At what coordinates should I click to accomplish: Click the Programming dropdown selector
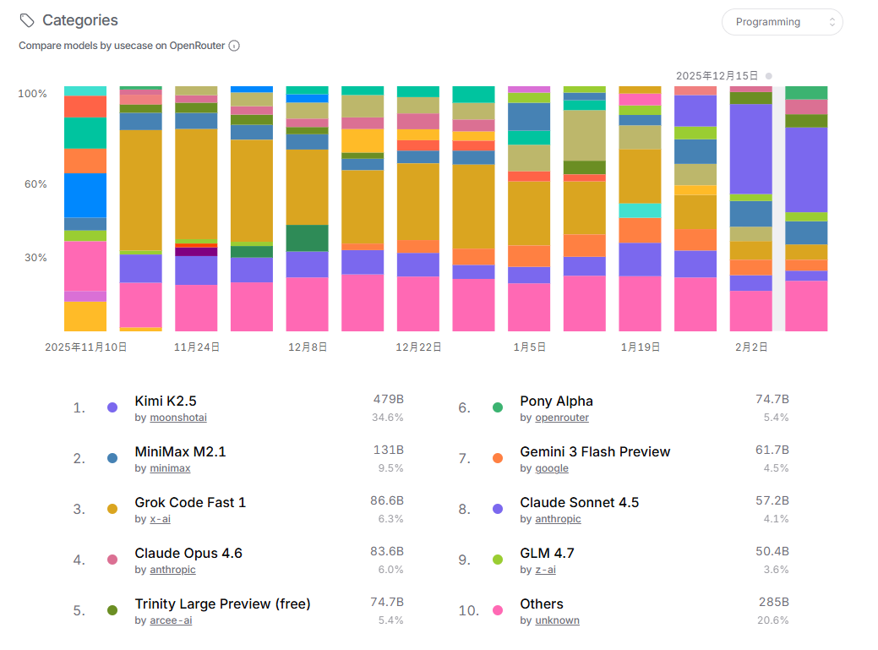[x=782, y=22]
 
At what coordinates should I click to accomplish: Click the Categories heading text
[x=80, y=20]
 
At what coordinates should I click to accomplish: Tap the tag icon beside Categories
[x=27, y=20]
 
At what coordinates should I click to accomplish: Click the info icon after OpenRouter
[x=234, y=46]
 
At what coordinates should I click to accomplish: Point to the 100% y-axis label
[x=32, y=93]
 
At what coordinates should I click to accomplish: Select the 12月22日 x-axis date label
[x=418, y=347]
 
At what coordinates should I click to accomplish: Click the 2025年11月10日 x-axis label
[x=85, y=347]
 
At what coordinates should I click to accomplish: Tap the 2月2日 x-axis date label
[x=751, y=347]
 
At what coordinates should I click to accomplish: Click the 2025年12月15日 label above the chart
[x=717, y=75]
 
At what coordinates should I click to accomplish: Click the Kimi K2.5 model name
[x=166, y=401]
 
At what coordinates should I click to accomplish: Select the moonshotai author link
[x=178, y=418]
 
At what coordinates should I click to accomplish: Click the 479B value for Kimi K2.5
[x=388, y=399]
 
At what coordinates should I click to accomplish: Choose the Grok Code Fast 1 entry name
[x=190, y=502]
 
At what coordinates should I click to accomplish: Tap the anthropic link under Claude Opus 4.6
[x=172, y=570]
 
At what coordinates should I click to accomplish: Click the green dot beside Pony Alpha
[x=498, y=407]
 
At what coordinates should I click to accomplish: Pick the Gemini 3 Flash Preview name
[x=595, y=451]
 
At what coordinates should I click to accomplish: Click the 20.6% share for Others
[x=773, y=620]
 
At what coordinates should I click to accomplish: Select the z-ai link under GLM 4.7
[x=545, y=570]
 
